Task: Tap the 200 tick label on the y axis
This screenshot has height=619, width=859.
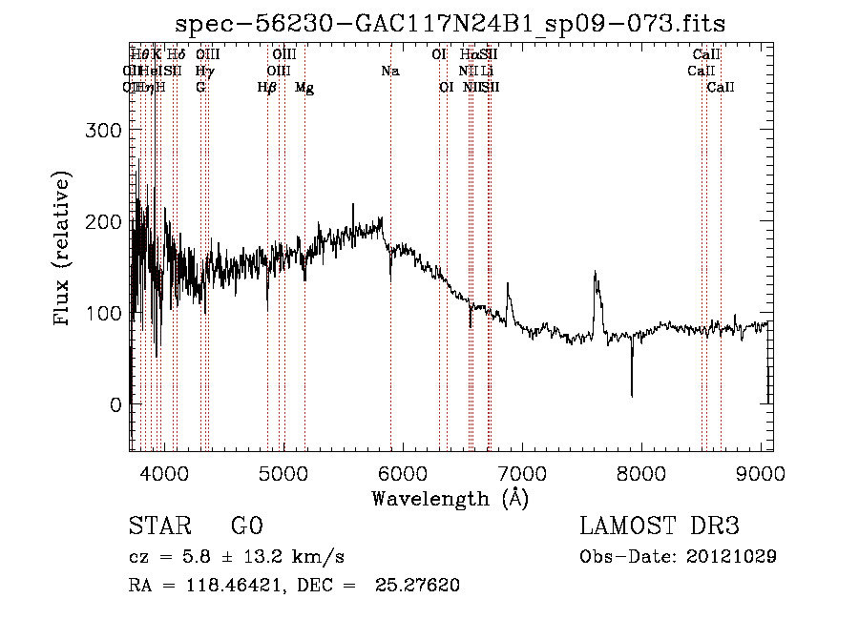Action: pos(108,222)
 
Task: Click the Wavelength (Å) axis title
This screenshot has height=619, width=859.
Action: pos(450,499)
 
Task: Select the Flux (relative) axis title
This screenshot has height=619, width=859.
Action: pos(64,250)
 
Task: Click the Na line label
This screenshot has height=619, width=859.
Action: pos(389,71)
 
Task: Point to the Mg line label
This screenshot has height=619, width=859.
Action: pos(304,88)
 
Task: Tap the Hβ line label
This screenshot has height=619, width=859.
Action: pos(267,88)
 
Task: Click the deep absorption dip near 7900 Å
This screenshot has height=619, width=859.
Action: pos(632,393)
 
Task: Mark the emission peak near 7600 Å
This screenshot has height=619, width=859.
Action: pos(596,274)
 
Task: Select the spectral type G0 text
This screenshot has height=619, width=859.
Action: pos(246,526)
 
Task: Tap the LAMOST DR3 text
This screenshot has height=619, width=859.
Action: pos(659,526)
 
